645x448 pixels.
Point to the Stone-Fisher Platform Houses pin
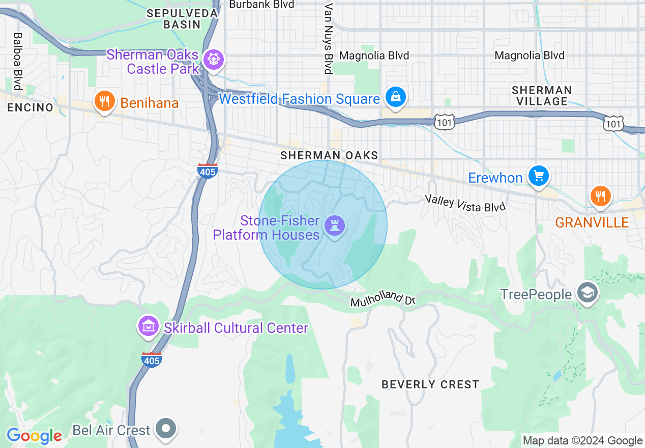pos(335,225)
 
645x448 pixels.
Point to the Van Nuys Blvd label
pos(329,38)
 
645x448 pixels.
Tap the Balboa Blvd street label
pos(18,62)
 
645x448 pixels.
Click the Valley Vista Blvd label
pos(465,203)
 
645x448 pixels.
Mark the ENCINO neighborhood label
pos(30,107)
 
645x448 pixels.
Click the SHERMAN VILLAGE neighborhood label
pos(542,96)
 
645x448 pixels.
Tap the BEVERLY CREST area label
pos(430,384)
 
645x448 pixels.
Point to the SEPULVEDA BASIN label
pos(182,19)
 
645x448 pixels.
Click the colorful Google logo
pos(34,436)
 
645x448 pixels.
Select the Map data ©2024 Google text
pos(583,441)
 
